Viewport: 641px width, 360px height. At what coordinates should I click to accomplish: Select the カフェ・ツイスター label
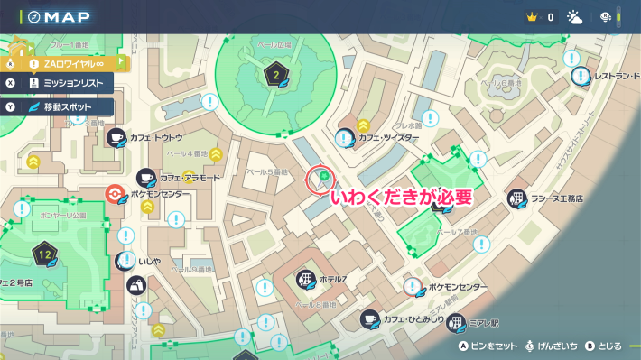click(388, 138)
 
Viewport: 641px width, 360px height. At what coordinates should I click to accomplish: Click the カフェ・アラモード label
click(190, 178)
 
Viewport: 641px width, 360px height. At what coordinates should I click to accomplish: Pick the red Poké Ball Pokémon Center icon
click(113, 194)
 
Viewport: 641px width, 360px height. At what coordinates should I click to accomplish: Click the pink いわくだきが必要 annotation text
click(401, 197)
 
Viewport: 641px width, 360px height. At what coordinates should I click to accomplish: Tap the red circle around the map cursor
click(320, 179)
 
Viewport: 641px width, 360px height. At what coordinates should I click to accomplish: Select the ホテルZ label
click(332, 279)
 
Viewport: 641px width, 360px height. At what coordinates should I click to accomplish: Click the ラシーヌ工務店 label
click(554, 198)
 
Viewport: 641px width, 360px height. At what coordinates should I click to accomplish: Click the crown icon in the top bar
click(530, 17)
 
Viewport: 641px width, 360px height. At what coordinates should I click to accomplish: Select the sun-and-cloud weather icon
click(574, 17)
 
